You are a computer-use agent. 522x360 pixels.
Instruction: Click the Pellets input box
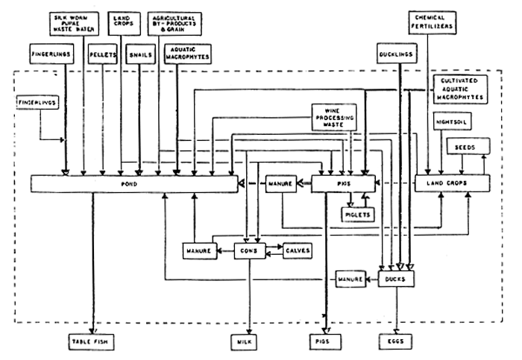[x=101, y=54]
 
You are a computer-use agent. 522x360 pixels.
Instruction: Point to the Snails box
[x=140, y=54]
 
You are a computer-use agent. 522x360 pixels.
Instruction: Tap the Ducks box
[x=396, y=279]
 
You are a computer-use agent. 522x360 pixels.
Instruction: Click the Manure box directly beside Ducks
[x=350, y=279]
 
